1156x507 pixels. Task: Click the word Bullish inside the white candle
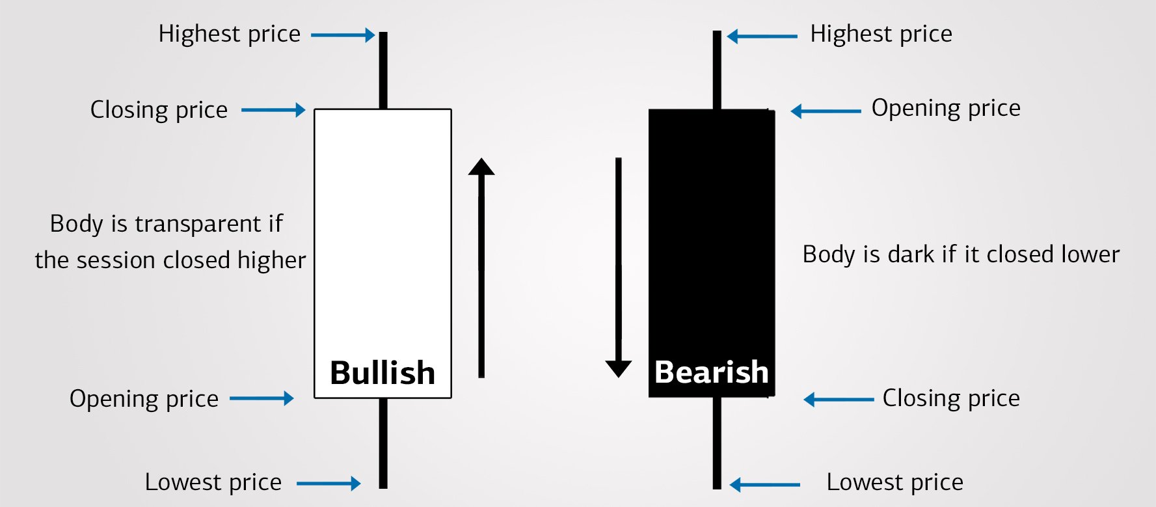(383, 373)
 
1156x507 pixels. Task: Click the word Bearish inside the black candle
(711, 372)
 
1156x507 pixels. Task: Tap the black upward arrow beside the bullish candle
(481, 267)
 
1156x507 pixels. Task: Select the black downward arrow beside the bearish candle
(619, 267)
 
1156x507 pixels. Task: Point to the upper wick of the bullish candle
(383, 70)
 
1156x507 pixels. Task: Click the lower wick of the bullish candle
(383, 443)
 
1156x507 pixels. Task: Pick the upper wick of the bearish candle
(717, 70)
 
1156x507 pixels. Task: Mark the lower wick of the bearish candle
(717, 443)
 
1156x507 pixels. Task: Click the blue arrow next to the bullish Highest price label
(343, 35)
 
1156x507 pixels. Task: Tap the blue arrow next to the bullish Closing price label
(273, 110)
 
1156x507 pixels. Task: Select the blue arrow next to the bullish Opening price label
(262, 398)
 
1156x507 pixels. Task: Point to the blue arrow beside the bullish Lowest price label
(329, 484)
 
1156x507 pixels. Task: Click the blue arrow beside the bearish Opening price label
(826, 111)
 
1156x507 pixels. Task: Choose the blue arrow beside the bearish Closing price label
(839, 400)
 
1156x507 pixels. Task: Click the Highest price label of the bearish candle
(881, 34)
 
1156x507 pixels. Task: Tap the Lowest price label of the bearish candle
(894, 482)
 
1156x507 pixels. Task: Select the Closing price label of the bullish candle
(159, 110)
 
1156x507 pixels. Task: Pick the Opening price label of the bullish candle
(144, 399)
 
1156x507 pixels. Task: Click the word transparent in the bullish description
(198, 225)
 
